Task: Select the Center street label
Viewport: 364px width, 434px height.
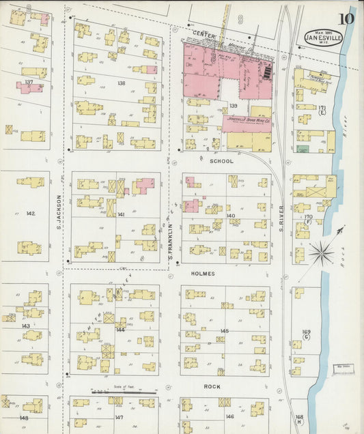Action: [x=204, y=33]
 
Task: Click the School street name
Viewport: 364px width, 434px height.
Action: [x=222, y=162]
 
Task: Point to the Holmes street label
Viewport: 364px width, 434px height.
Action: [x=204, y=274]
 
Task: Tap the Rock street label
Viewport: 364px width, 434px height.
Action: [x=212, y=386]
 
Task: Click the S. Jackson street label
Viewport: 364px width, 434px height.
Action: [x=59, y=212]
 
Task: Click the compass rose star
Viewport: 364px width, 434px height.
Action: [x=320, y=254]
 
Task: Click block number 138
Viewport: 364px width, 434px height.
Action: [x=121, y=83]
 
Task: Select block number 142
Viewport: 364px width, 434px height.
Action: [x=31, y=214]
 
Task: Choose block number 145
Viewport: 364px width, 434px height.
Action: [x=224, y=331]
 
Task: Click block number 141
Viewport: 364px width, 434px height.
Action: [x=121, y=214]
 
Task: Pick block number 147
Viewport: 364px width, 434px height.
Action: [x=119, y=417]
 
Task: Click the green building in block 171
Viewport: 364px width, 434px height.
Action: [x=302, y=148]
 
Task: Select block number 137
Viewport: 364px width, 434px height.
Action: [x=29, y=82]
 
